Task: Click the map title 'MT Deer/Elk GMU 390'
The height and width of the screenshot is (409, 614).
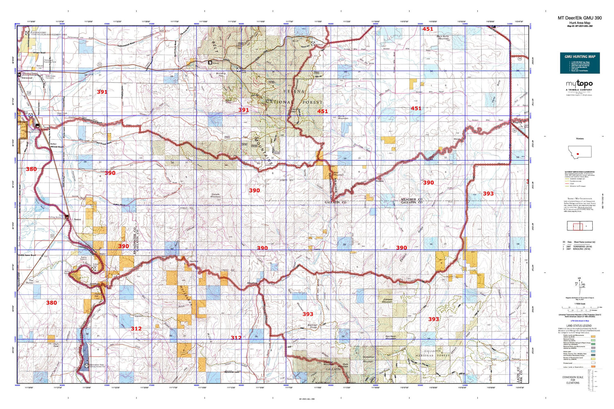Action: [x=580, y=18]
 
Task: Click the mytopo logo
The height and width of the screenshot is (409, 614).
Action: [x=579, y=84]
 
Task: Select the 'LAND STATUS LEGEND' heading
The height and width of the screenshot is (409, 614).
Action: [x=579, y=326]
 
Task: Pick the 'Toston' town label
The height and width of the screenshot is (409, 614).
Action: [x=77, y=219]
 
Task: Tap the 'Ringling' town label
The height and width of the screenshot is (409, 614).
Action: [x=517, y=122]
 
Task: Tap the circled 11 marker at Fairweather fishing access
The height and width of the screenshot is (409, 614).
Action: [x=87, y=365]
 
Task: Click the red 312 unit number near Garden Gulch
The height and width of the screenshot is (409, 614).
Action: [x=136, y=328]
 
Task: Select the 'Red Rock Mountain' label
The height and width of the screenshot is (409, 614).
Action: [x=391, y=338]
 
